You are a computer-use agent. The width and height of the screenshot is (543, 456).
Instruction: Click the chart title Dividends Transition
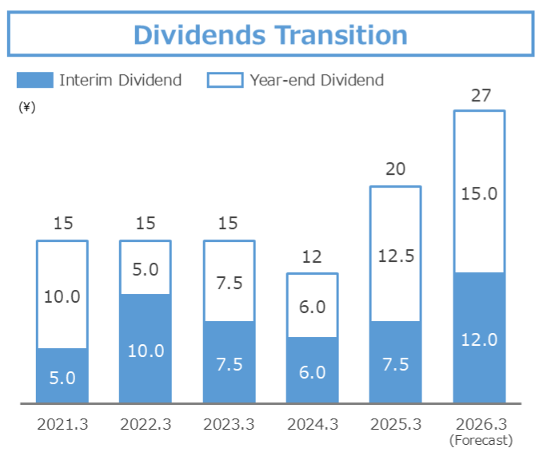tap(270, 35)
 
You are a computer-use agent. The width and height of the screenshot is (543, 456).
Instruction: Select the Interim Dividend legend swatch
tap(34, 80)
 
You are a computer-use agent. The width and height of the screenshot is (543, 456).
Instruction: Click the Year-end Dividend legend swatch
tap(225, 80)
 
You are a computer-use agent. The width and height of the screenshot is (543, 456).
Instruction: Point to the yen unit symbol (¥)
tap(27, 108)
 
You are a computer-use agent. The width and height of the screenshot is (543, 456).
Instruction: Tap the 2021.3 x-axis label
tap(62, 424)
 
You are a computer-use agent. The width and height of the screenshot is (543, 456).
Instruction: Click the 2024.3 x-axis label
tap(312, 424)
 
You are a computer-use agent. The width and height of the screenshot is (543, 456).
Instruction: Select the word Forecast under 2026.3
tap(480, 440)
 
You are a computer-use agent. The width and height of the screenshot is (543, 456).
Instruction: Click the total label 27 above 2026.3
tap(480, 96)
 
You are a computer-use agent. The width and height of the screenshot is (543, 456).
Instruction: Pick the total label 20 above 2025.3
tap(395, 169)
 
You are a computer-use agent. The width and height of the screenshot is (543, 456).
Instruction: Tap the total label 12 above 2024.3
tap(312, 257)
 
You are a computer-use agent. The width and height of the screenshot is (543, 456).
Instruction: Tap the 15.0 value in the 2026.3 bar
tap(480, 193)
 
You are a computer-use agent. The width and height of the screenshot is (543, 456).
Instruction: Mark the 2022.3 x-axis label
tap(146, 424)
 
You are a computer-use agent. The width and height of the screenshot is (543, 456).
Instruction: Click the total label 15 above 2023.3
tap(229, 224)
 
